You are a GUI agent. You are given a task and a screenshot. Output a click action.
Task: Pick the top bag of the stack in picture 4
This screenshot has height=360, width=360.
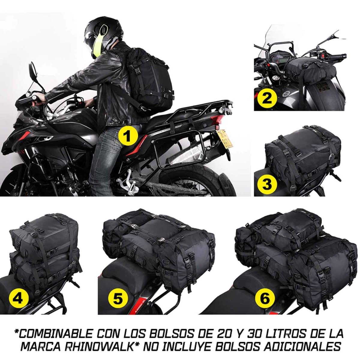pyautogui.click(x=45, y=234)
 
